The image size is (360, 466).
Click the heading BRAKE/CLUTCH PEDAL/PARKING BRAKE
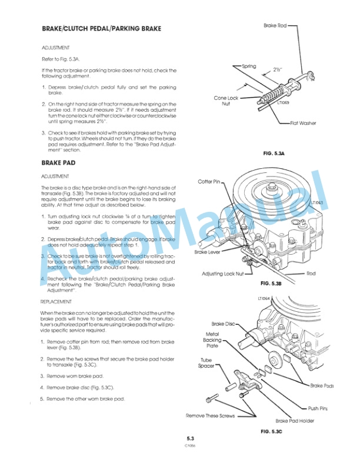tap(101, 29)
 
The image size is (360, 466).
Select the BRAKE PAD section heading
tap(59, 162)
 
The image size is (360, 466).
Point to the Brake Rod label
tap(275, 26)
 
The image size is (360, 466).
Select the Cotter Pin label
tap(209, 182)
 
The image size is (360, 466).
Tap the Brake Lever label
tap(207, 252)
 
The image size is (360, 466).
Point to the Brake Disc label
tap(223, 324)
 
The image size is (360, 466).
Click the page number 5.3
tap(190, 438)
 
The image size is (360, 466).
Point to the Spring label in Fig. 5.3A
tap(249, 66)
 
